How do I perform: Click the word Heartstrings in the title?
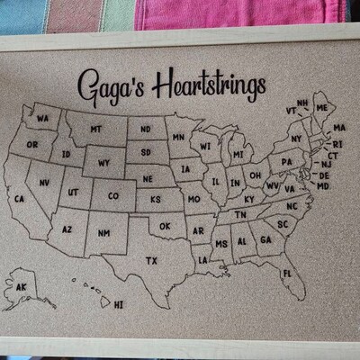tap(210, 85)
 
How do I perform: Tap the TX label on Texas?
tap(151, 261)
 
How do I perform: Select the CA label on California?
tap(19, 199)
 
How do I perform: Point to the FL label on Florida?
tap(287, 273)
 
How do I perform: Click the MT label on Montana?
tap(95, 130)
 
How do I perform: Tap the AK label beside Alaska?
tap(22, 287)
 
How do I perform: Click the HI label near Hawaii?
tap(118, 305)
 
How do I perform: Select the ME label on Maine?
tap(321, 108)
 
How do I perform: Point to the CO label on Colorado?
tap(112, 195)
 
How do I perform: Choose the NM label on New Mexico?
tap(104, 234)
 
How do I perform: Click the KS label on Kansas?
tap(155, 198)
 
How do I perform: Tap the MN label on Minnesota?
tap(178, 138)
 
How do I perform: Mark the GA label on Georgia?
tap(265, 240)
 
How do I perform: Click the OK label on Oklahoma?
tap(165, 226)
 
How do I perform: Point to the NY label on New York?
tap(296, 139)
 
